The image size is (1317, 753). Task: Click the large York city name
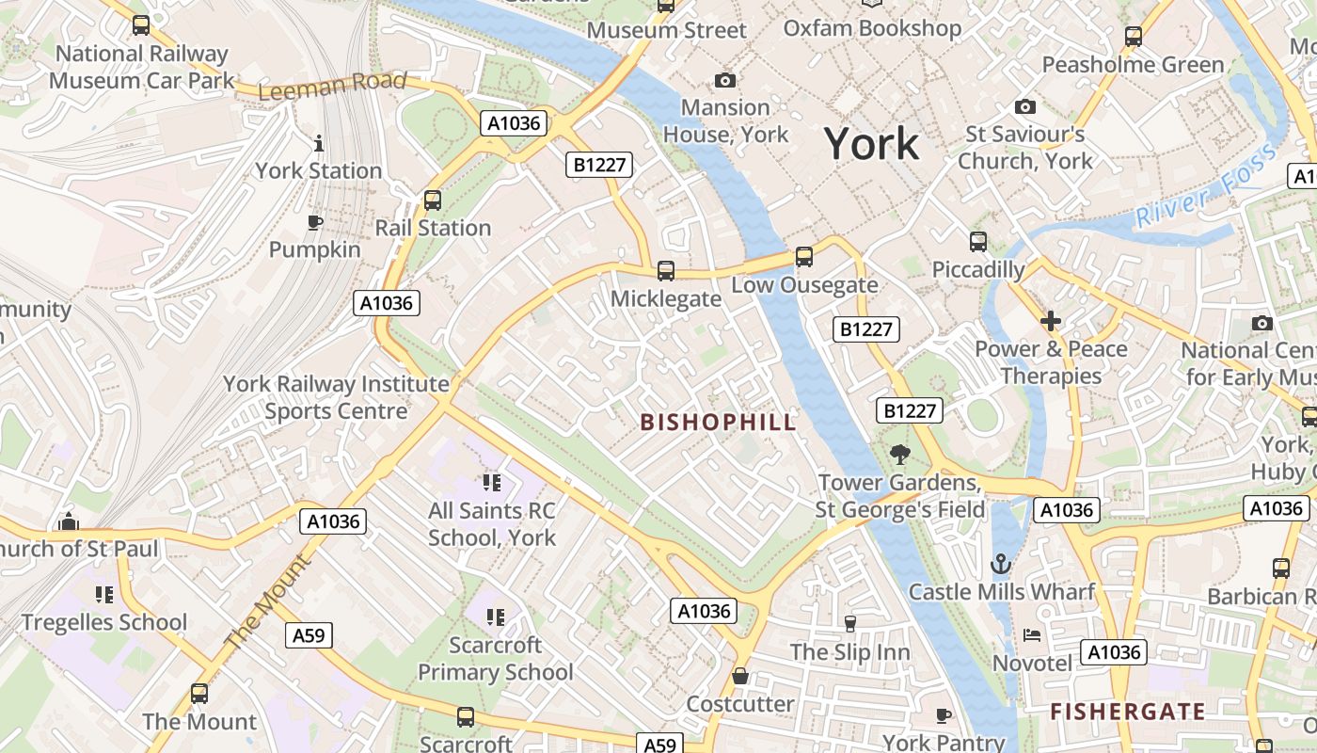tap(871, 144)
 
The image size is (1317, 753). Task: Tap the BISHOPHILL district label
tap(719, 422)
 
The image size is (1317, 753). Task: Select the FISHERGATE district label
tap(1128, 712)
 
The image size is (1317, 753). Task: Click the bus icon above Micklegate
tap(666, 271)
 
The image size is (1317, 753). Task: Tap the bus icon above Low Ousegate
tap(803, 257)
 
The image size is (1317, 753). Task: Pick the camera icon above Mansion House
tap(725, 81)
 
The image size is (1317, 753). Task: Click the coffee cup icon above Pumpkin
tap(315, 223)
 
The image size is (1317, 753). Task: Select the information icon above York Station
tap(319, 144)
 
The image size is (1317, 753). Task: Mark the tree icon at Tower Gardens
tap(900, 455)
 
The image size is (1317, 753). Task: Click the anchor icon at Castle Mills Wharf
tap(1001, 565)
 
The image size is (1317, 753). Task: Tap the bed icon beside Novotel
tap(1032, 635)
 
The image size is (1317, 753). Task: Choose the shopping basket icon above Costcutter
tap(740, 677)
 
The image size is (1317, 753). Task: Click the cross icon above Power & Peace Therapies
tap(1051, 322)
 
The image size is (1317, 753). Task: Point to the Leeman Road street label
tap(332, 86)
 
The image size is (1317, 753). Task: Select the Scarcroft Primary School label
tap(495, 659)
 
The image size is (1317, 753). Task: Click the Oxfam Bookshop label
tap(872, 29)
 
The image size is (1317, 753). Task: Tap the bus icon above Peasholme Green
tap(1134, 37)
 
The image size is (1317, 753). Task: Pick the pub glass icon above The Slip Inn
tap(850, 623)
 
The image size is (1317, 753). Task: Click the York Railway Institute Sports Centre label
tap(336, 397)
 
